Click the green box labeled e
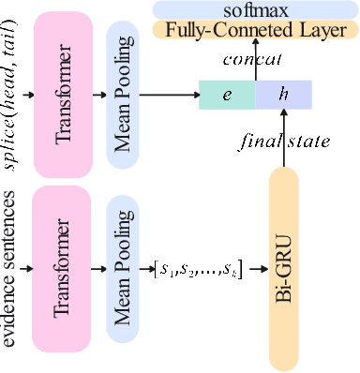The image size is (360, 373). click(x=226, y=94)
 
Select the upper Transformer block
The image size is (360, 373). click(x=64, y=93)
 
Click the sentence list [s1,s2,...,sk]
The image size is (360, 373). click(x=198, y=272)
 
